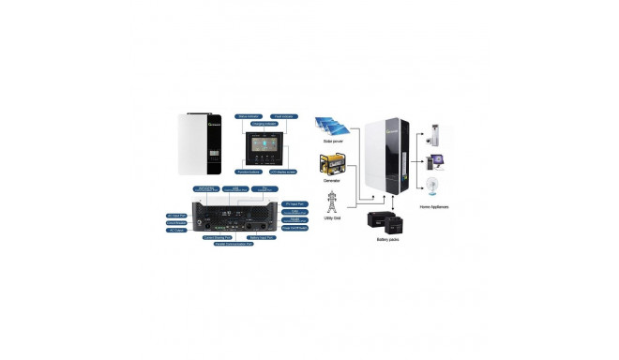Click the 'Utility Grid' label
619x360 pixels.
333,222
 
